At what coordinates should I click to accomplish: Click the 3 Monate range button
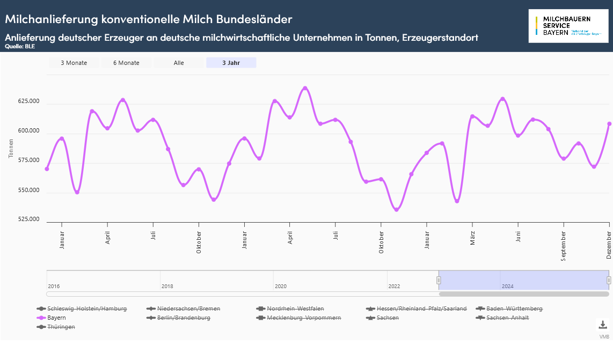(x=74, y=63)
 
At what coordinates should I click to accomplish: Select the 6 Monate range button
(x=126, y=63)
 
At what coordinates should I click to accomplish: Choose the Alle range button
(x=179, y=63)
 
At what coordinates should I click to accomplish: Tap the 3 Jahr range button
(x=231, y=63)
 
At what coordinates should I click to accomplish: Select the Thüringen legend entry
(x=61, y=327)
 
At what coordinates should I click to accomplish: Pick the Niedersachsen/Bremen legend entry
(x=188, y=308)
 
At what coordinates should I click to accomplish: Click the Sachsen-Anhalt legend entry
(x=507, y=318)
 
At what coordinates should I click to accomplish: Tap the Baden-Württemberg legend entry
(x=514, y=308)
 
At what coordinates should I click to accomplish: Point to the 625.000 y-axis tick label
(x=28, y=101)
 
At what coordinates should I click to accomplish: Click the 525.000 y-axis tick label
(x=28, y=219)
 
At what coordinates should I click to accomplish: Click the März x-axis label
(x=473, y=238)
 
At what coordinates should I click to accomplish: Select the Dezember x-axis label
(x=609, y=245)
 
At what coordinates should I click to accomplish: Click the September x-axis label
(x=564, y=246)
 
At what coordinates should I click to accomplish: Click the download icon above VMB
(x=603, y=325)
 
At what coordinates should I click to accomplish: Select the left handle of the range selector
(x=439, y=280)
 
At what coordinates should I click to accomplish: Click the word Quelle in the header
(x=13, y=46)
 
